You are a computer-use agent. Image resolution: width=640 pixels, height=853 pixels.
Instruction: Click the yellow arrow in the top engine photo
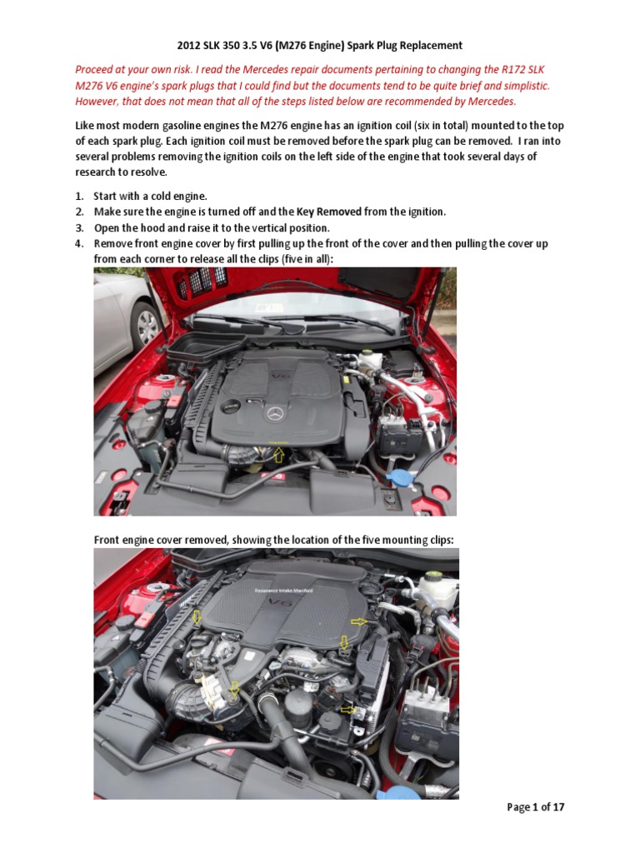tap(279, 453)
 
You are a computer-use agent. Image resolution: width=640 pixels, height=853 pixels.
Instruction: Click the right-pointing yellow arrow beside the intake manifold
tap(359, 621)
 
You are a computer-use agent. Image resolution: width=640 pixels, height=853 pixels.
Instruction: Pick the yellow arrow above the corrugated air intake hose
tap(197, 617)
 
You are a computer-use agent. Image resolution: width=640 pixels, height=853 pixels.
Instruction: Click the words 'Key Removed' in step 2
tap(328, 212)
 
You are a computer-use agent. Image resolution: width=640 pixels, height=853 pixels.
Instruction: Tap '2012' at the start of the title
tap(191, 46)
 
